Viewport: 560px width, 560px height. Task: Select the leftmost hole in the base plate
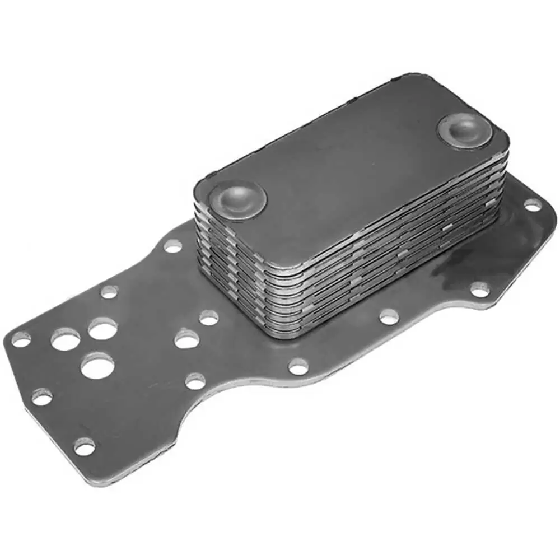click(21, 338)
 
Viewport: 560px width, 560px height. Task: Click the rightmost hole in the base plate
click(532, 205)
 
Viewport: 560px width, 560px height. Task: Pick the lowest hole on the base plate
click(84, 446)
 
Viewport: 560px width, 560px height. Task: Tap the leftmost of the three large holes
click(66, 339)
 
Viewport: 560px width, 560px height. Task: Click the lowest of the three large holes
click(97, 366)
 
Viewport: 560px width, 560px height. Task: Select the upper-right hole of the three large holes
click(102, 329)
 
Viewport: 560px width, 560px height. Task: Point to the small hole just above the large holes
click(109, 292)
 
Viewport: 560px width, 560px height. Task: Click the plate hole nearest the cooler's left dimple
click(172, 245)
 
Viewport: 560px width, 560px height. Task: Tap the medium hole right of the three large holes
click(186, 339)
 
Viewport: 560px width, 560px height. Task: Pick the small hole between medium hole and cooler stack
click(208, 318)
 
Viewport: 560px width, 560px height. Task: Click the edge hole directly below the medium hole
click(195, 381)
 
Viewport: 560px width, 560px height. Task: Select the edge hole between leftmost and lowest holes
click(42, 397)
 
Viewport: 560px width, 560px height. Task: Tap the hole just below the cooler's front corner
click(298, 367)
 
